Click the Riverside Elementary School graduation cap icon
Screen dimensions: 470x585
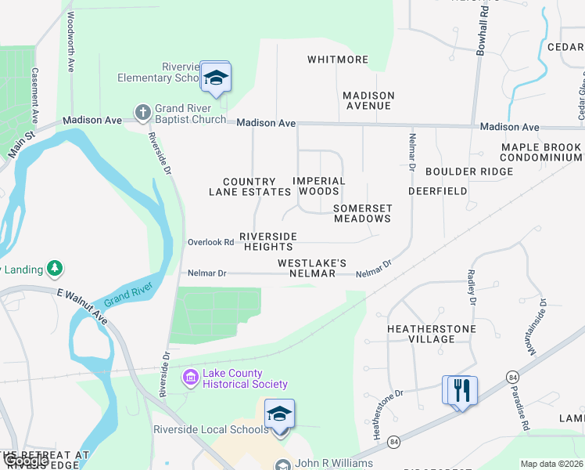[x=216, y=77]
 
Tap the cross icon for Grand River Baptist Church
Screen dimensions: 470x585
[x=142, y=113]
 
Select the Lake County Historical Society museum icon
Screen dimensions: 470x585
[x=190, y=379]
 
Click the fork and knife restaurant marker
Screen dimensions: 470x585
[x=460, y=390]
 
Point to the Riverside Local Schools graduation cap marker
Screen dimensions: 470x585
[x=279, y=414]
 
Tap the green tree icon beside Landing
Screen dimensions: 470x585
[x=54, y=269]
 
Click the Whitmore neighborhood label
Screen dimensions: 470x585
[x=338, y=60]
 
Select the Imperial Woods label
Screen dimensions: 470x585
[x=319, y=186]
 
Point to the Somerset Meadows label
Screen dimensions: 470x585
[x=362, y=213]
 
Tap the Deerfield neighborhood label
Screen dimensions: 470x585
[x=438, y=190]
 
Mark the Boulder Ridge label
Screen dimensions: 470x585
[x=469, y=172]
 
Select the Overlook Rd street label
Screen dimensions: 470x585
[x=210, y=243]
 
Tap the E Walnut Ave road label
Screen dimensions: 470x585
[x=82, y=306]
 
